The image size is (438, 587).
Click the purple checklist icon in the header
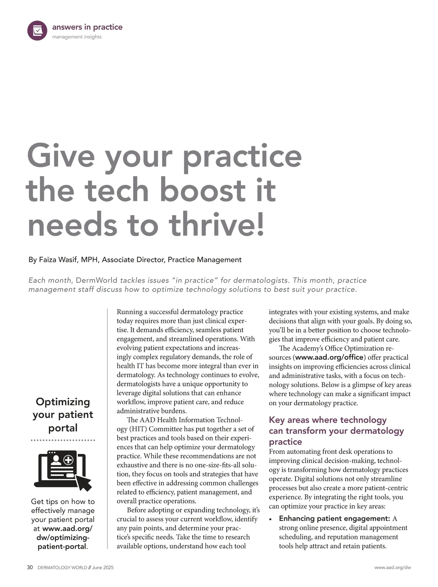pos(37,30)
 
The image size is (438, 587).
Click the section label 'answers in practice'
pos(87,27)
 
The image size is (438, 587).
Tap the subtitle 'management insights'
pos(77,37)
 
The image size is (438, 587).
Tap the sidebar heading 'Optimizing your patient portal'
pos(63,414)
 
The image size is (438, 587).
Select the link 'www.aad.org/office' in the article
pos(329,357)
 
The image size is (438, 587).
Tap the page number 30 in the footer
pos(30,568)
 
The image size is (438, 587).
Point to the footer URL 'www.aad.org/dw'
pos(392,568)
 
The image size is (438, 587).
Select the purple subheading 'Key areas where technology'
pos(327,420)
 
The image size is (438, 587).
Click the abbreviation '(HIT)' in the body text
pos(127,429)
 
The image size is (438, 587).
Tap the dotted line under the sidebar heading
pos(63,441)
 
